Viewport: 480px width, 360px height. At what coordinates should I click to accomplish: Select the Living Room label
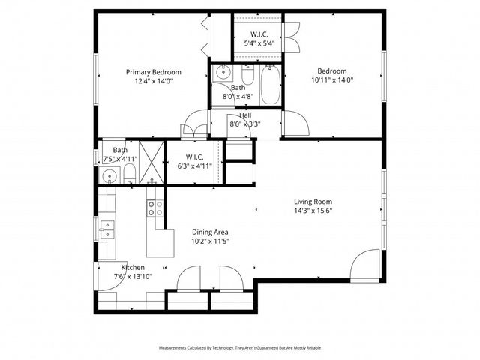[313, 202]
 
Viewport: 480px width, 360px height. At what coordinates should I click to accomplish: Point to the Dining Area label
[210, 232]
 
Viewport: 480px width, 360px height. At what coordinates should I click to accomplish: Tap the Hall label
[244, 115]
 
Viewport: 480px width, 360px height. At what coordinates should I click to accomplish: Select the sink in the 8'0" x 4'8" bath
[222, 73]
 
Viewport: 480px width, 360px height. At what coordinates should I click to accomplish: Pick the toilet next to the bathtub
[247, 74]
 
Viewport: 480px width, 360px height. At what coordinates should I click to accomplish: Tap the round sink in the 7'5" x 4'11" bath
[109, 178]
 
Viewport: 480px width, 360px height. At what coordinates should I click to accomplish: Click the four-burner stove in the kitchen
[154, 208]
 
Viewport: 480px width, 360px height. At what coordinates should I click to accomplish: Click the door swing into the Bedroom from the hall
[294, 123]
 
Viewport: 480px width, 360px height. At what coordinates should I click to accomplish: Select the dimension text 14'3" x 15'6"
[313, 211]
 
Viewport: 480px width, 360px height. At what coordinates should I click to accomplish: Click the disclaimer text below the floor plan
[240, 348]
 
